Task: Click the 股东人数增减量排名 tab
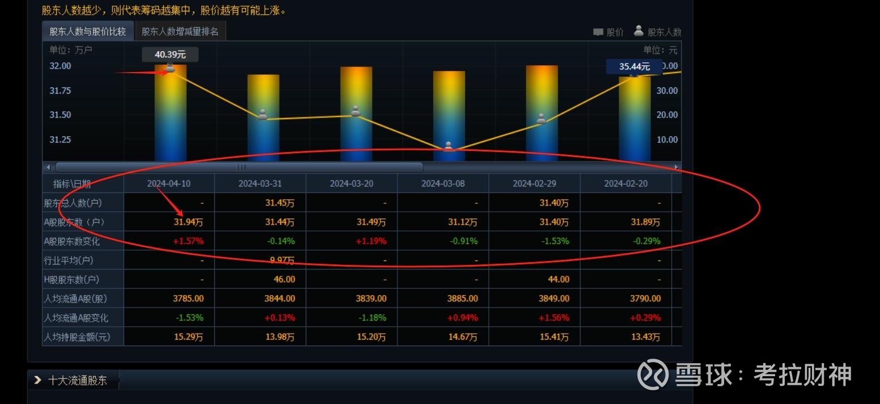click(x=180, y=32)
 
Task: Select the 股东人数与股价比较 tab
click(x=88, y=32)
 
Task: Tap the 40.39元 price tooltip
click(x=170, y=54)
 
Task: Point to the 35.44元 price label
click(x=634, y=66)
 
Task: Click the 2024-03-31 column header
click(x=260, y=183)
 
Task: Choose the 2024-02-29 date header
click(x=534, y=183)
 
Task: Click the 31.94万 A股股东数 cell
click(x=188, y=222)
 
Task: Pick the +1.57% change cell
click(x=189, y=241)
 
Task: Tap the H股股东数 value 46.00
click(x=284, y=279)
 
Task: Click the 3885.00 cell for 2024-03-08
click(x=462, y=298)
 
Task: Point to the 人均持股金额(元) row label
click(x=77, y=337)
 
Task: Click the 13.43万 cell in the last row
click(x=646, y=337)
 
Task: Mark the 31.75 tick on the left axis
click(x=61, y=90)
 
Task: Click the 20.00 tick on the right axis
click(x=666, y=115)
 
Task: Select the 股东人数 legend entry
click(x=658, y=32)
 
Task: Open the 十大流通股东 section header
click(x=77, y=380)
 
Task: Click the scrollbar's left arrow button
click(x=48, y=167)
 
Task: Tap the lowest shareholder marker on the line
click(x=449, y=146)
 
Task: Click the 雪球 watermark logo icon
click(x=652, y=374)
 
